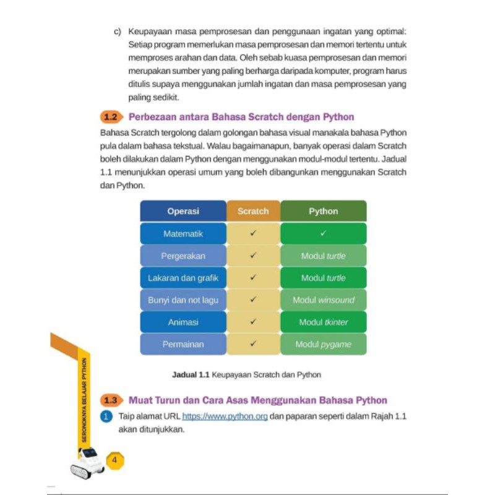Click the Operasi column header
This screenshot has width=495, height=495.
coord(183,211)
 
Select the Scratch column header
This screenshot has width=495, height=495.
coord(253,211)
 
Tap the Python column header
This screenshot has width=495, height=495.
coord(323,211)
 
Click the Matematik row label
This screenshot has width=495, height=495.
coord(183,234)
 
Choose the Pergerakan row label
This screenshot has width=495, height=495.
coord(183,256)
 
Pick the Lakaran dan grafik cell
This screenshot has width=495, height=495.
coord(183,278)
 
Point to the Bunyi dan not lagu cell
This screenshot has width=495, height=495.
coord(183,300)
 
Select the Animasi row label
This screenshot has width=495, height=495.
coord(183,322)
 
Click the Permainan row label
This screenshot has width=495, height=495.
coord(183,344)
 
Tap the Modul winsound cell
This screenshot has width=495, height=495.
coord(323,300)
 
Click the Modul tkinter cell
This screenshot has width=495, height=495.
coord(323,322)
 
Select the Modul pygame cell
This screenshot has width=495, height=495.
coord(323,344)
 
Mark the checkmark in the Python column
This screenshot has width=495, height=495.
coord(323,234)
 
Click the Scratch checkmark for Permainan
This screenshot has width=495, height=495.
coord(253,344)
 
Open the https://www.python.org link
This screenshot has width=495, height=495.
coord(225,416)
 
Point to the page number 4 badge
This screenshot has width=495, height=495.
coord(114,460)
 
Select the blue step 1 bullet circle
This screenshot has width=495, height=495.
coord(106,416)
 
